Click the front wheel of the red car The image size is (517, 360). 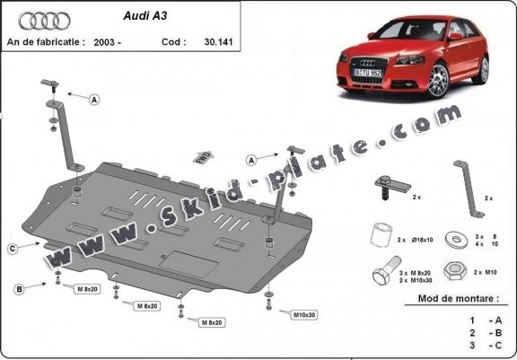(437, 82)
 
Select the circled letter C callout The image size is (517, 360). (12, 248)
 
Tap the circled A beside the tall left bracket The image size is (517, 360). (94, 101)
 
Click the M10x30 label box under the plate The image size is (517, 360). (305, 314)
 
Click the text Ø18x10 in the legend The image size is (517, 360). (422, 241)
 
